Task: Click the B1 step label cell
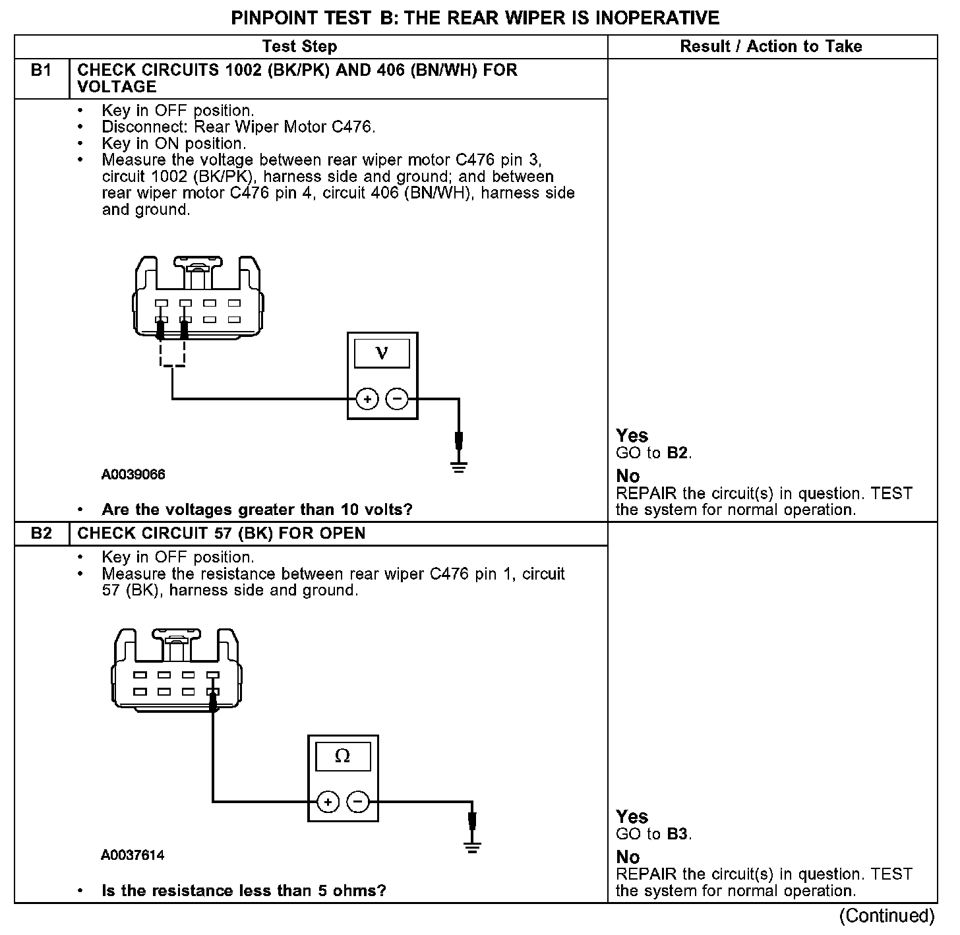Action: [x=41, y=71]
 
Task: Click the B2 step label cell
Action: [x=41, y=533]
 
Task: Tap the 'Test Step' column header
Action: [x=299, y=46]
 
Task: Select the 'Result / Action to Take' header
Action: [x=771, y=46]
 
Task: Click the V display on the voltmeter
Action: [x=382, y=353]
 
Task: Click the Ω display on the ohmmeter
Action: [x=343, y=756]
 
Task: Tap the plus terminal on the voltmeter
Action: [x=367, y=399]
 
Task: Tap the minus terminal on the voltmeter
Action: [x=397, y=399]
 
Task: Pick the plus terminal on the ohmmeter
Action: [x=328, y=802]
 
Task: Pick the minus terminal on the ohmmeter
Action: [x=358, y=802]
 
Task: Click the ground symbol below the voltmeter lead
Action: [x=459, y=467]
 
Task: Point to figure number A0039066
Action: [x=133, y=475]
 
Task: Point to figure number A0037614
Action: [x=133, y=855]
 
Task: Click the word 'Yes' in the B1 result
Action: [x=632, y=436]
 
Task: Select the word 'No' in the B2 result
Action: [x=628, y=857]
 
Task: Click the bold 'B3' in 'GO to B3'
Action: [x=678, y=834]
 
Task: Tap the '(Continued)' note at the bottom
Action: [x=887, y=916]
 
